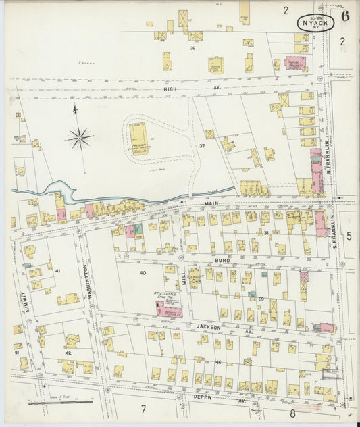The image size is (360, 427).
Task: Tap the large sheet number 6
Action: (x=344, y=16)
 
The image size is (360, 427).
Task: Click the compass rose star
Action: (x=79, y=138)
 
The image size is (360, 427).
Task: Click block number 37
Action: (x=201, y=146)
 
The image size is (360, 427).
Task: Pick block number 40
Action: (x=143, y=272)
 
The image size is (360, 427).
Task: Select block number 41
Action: (x=58, y=271)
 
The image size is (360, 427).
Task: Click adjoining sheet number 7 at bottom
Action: (x=143, y=409)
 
